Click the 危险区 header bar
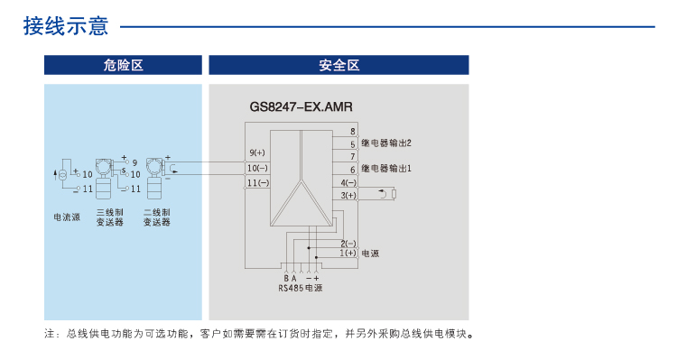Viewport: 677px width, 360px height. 124,65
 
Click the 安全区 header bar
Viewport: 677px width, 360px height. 338,65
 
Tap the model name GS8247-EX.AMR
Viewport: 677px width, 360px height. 301,107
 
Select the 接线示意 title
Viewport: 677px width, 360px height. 66,26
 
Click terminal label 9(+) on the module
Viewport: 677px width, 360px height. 257,152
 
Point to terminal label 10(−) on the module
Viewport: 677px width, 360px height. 258,168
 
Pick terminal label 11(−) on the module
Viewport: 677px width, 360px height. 258,183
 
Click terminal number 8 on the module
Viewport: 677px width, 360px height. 352,132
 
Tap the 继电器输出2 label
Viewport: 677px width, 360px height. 386,143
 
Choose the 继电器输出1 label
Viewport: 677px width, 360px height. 386,169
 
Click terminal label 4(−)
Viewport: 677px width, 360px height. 348,182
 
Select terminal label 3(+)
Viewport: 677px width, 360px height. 348,195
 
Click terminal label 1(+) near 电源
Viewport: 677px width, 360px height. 348,254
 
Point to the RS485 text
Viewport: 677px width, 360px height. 291,288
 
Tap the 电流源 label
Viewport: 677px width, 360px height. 64,217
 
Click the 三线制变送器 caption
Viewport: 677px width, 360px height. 109,217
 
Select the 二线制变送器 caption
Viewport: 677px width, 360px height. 157,217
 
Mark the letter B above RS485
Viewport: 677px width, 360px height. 285,277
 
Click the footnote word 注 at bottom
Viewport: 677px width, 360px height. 51,334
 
